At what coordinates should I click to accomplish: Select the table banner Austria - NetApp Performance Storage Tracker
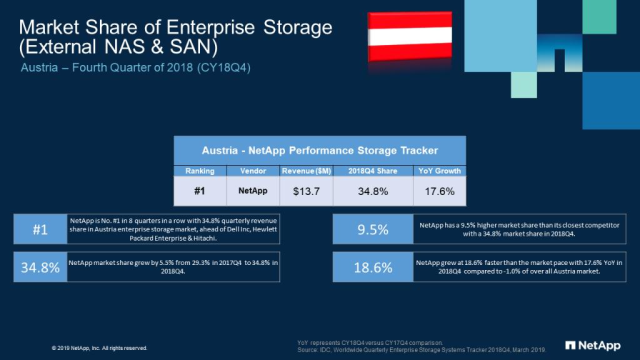[319, 150]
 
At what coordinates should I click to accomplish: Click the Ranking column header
[200, 170]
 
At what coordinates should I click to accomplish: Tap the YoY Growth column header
[438, 170]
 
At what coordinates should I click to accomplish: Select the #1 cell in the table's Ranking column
[200, 190]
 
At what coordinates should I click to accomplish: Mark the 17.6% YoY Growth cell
[438, 190]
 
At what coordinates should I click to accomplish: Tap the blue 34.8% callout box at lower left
[40, 268]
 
